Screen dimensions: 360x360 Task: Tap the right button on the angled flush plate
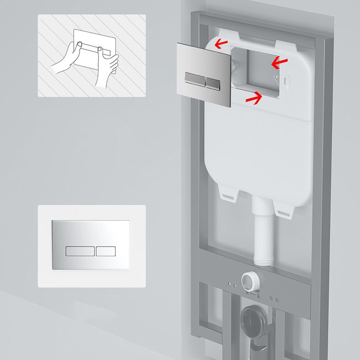(213, 82)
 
